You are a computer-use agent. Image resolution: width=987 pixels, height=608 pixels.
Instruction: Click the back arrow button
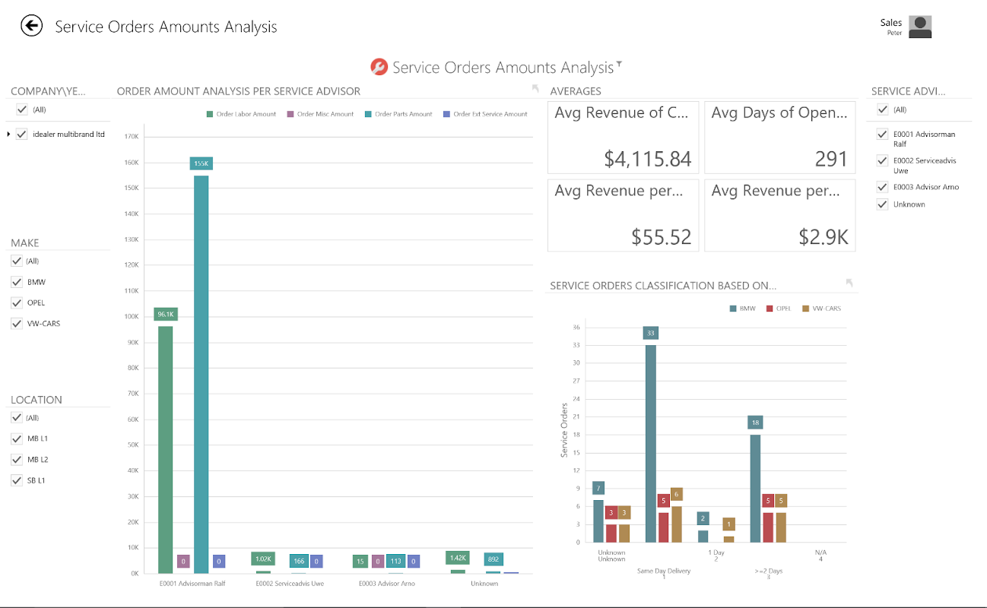tap(31, 26)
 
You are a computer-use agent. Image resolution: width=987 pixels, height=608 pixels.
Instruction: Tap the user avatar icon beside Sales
tap(920, 27)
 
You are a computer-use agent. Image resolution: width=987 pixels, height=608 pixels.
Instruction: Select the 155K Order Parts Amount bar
tap(201, 372)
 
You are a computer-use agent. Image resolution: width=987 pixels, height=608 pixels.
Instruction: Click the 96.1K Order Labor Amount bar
tap(165, 448)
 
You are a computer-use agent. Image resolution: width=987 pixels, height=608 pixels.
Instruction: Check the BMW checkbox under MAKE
tap(17, 282)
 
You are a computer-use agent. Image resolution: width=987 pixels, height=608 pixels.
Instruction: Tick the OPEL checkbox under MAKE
tap(17, 302)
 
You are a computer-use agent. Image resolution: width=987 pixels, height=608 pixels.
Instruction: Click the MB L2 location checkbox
tap(17, 460)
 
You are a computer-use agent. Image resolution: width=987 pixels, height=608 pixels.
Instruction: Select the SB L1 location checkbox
tap(17, 480)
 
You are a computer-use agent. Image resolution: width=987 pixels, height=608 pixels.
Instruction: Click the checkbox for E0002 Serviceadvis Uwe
tap(882, 161)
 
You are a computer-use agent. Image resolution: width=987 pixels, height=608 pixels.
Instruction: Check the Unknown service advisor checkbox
tap(882, 204)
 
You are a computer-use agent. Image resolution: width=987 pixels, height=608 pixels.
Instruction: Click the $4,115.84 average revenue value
tap(648, 159)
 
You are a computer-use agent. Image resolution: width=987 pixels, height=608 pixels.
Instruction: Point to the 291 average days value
tap(830, 159)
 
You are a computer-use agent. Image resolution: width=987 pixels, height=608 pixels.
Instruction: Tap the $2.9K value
tap(824, 237)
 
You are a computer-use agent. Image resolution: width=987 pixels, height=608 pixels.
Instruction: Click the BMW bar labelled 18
tap(755, 487)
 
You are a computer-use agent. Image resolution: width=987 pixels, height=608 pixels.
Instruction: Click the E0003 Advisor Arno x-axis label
tap(387, 584)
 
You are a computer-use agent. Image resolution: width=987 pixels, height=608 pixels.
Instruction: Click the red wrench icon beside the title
tap(379, 67)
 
